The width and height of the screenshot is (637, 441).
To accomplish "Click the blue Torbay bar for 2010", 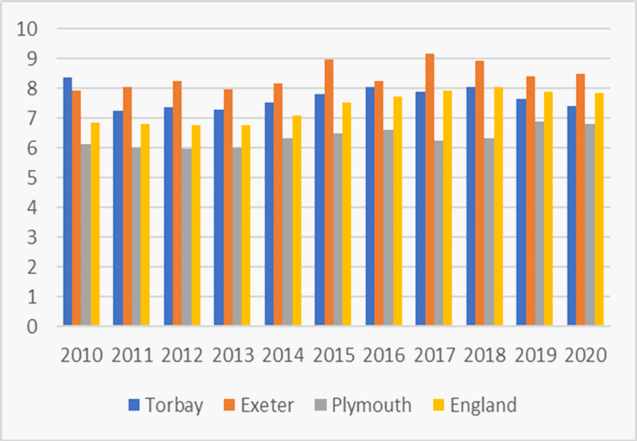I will pos(68,202).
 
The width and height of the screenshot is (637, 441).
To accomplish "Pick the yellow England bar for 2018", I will pos(498,207).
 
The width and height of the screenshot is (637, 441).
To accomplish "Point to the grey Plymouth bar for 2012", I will pos(186,237).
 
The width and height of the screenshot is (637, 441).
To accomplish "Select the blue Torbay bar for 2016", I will pos(370,207).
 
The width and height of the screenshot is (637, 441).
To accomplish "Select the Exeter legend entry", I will pos(259,405).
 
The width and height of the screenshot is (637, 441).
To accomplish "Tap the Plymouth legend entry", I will pos(363,405).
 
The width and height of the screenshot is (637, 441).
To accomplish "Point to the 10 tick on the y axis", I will pos(33,29).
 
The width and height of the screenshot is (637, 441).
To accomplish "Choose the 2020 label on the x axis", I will pos(586,354).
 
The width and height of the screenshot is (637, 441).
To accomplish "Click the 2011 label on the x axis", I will pos(132,354).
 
